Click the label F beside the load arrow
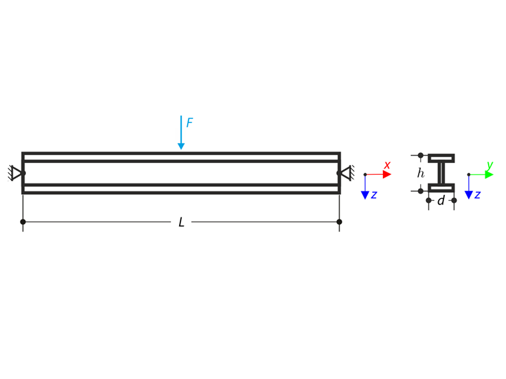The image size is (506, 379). (190, 123)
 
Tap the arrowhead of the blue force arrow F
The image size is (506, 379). (181, 146)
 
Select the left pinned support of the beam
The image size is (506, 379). (16, 174)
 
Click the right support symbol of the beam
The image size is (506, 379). (346, 174)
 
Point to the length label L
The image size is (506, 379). (181, 222)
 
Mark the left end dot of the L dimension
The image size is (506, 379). (23, 222)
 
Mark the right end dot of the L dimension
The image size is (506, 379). (340, 222)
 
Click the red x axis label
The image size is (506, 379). (387, 165)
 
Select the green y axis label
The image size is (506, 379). (490, 165)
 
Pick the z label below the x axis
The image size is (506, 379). (374, 195)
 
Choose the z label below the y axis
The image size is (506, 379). (477, 195)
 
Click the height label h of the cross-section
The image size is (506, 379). (421, 174)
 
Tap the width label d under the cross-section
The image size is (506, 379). (441, 200)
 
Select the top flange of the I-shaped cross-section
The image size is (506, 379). (441, 158)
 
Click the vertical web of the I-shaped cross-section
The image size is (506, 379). (441, 174)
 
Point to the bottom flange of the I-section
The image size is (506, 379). (441, 188)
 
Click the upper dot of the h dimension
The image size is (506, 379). (420, 156)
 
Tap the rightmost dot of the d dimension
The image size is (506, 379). (454, 200)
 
